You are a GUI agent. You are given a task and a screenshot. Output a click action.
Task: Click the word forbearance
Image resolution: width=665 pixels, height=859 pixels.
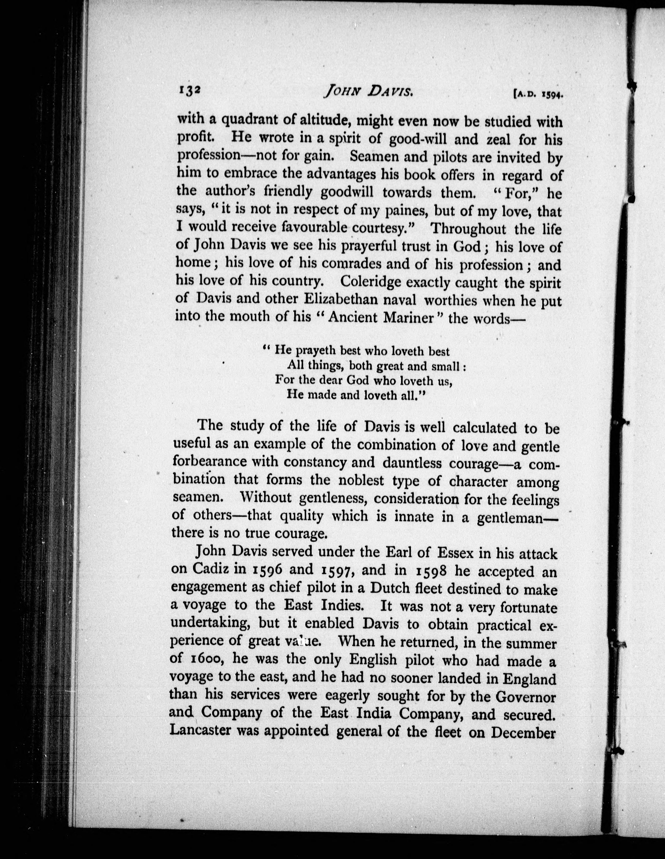click(x=210, y=461)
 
